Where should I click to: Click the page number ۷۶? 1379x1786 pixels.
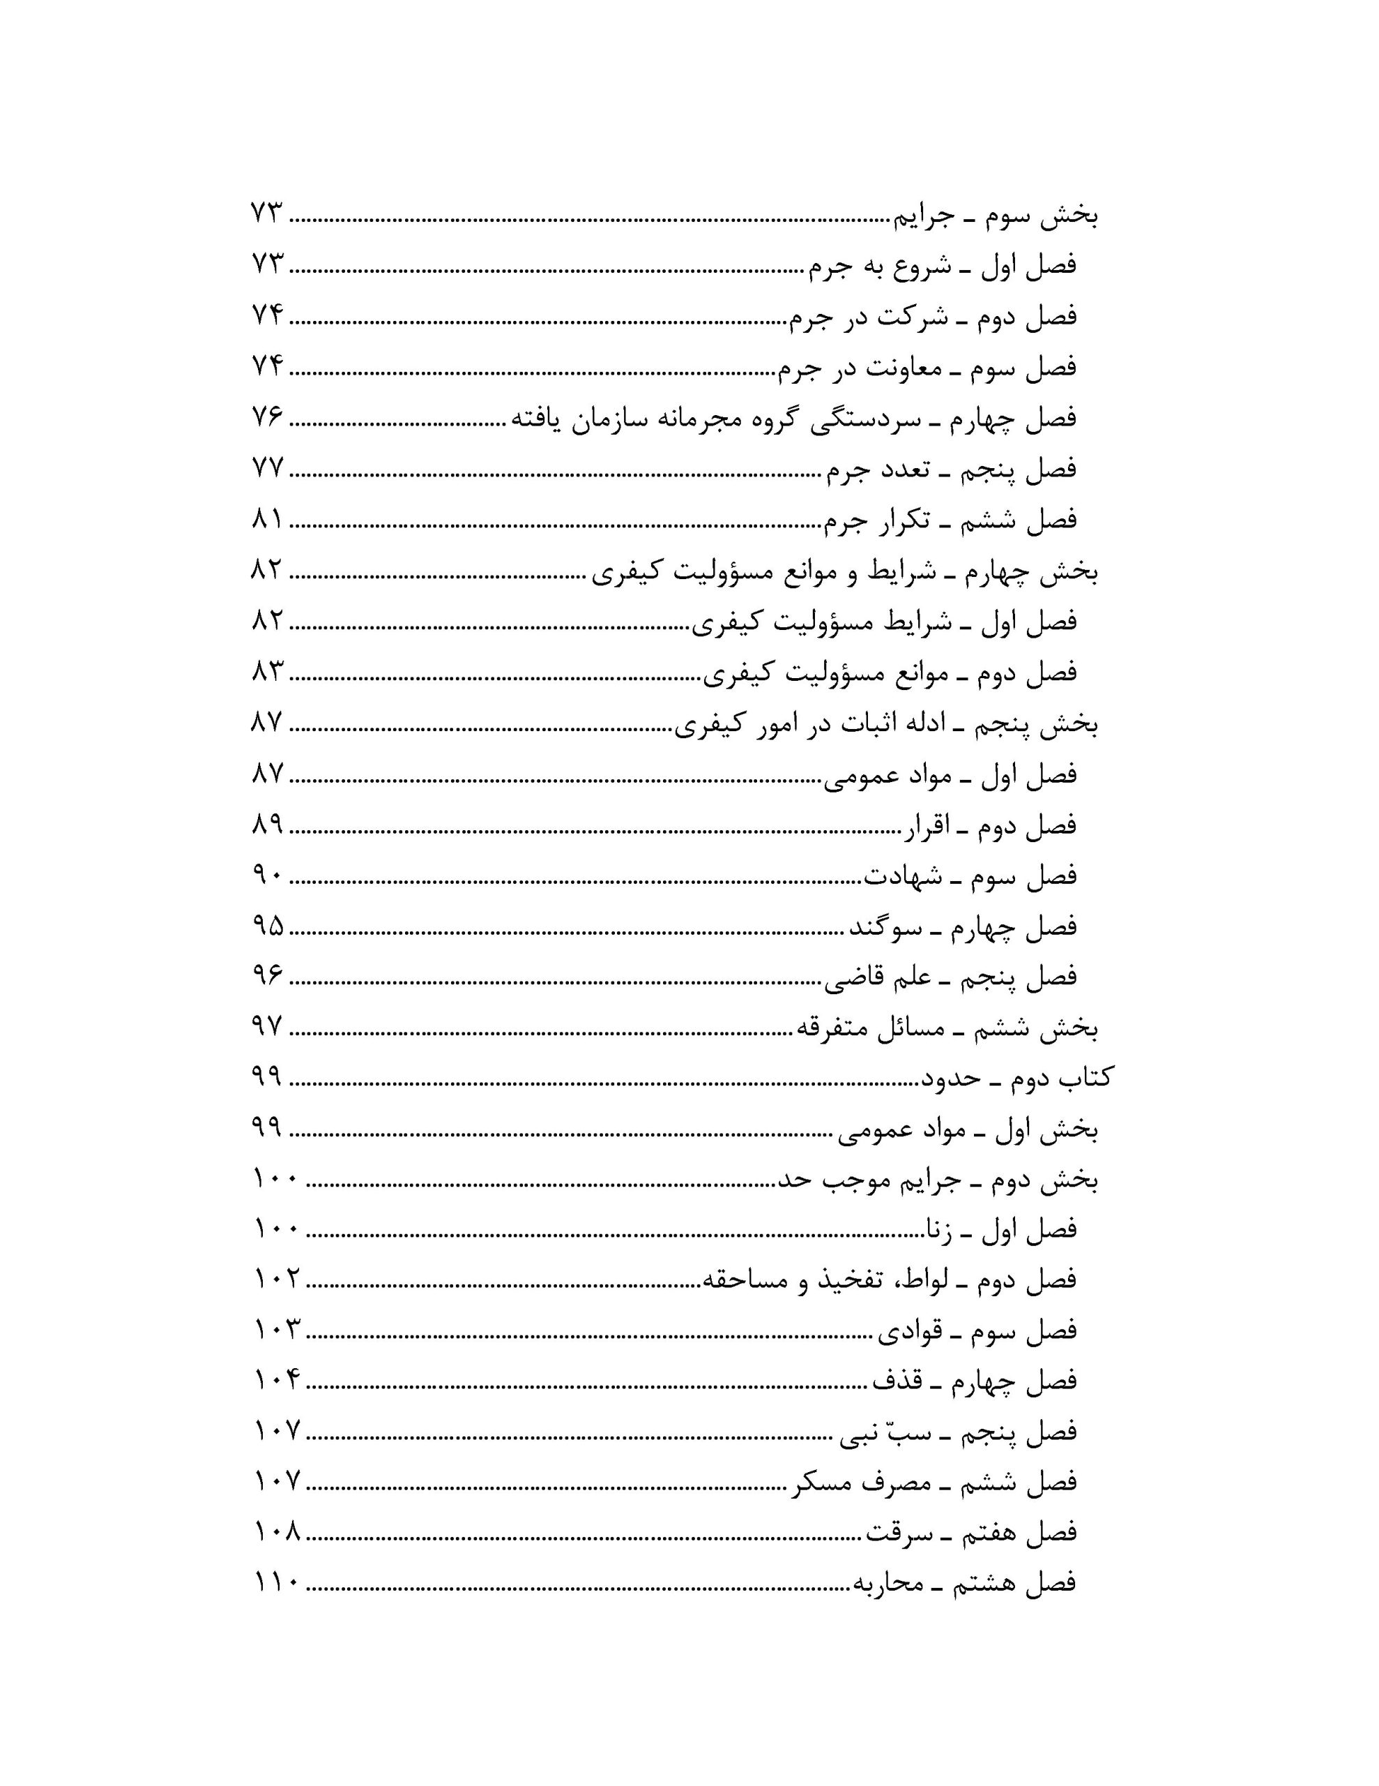click(x=266, y=417)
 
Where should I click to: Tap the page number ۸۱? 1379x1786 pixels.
click(x=266, y=519)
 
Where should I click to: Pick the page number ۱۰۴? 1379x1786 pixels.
click(x=276, y=1381)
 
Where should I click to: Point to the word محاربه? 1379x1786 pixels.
click(x=889, y=1583)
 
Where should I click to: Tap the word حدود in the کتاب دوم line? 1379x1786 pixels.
click(x=952, y=1079)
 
